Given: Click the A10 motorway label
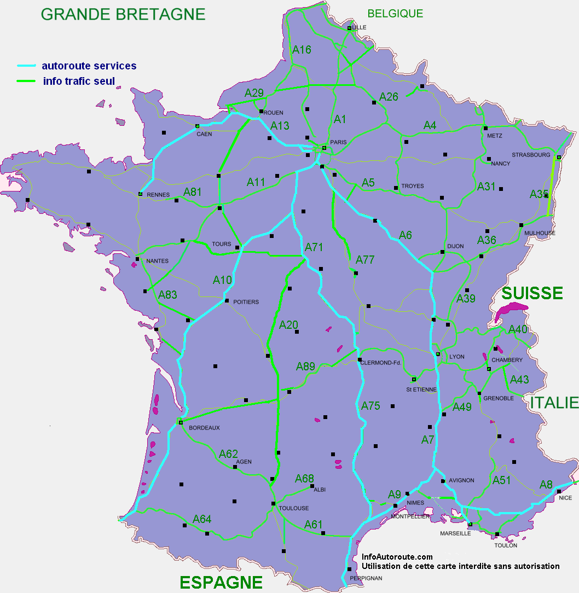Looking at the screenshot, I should pos(223,280).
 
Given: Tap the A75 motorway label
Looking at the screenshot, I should pos(370,406).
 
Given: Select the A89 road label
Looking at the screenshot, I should pos(306,367).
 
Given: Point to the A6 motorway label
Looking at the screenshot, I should pos(405,235).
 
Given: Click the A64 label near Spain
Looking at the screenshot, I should pos(202,519).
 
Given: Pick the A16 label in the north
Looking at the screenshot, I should pos(302,50).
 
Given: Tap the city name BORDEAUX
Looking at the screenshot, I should pos(204,428).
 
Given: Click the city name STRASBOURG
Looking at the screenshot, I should pos(531,155).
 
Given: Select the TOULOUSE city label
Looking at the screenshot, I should pos(294,508).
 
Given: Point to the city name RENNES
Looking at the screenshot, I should pos(159,195).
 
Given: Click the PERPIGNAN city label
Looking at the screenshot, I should pos(365,578).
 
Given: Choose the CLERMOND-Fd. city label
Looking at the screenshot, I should pos(381,363).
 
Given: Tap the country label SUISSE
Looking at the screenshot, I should pos(532,293).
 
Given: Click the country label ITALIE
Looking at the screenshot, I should pos(554,403).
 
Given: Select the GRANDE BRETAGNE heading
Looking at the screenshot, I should pos(123,14).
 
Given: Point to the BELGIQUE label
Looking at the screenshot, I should pos(395,14).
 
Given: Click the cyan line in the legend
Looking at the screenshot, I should pos(26,66).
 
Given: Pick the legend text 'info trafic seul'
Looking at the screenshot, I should pos(79,82).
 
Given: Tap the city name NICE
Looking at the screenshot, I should pos(565,498).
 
